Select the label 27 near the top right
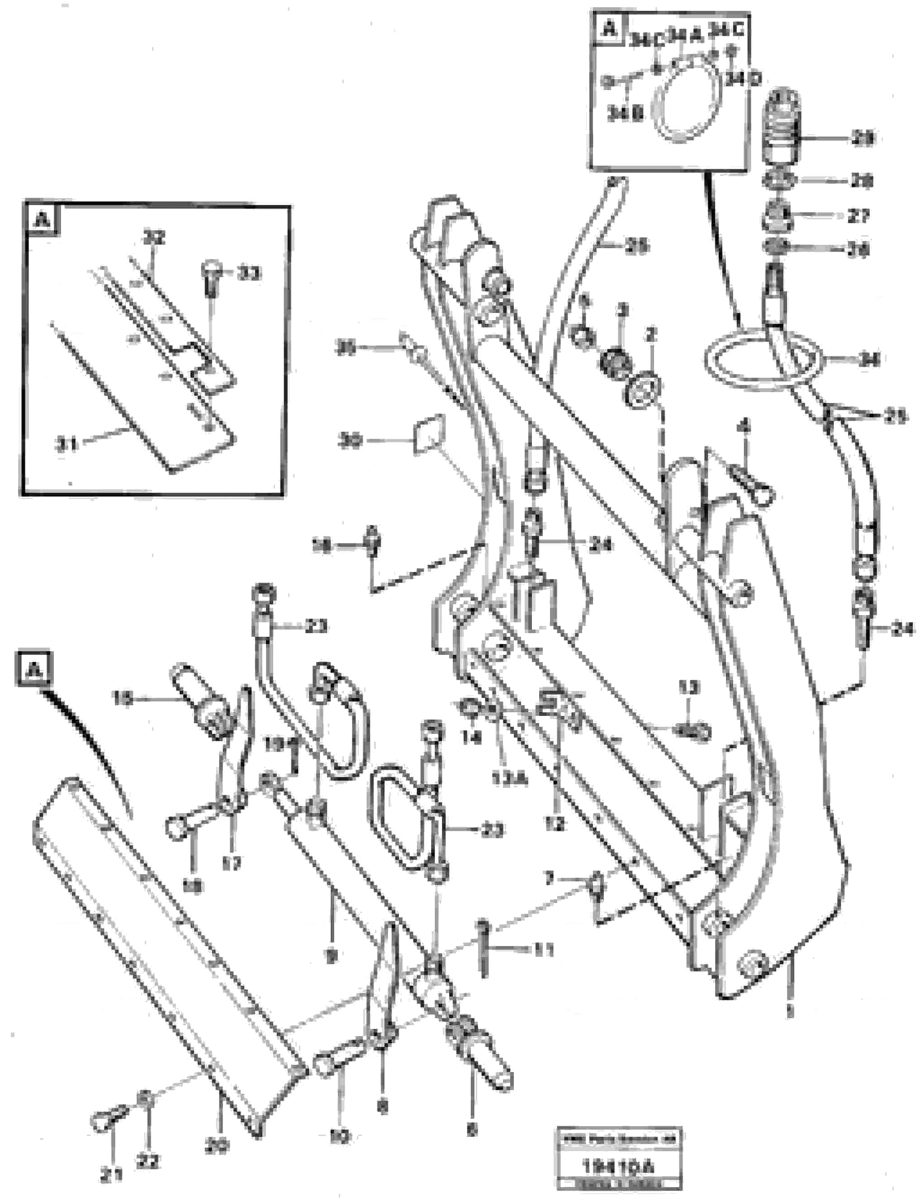858,216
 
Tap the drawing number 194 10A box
618,1167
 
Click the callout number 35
346,348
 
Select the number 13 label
689,688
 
